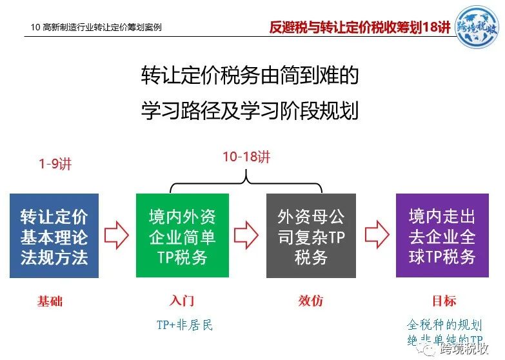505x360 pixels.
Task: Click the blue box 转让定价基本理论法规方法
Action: pyautogui.click(x=54, y=235)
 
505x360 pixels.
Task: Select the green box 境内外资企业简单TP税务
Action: pyautogui.click(x=183, y=235)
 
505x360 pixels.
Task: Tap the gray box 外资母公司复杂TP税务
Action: pyautogui.click(x=311, y=235)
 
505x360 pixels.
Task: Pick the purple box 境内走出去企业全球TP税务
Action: pyautogui.click(x=442, y=235)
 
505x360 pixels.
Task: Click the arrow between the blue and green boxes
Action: pyautogui.click(x=117, y=235)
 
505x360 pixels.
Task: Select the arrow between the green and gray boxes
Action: pyautogui.click(x=246, y=235)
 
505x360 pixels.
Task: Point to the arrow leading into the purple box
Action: pyautogui.click(x=377, y=235)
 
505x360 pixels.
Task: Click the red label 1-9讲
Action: pyautogui.click(x=55, y=164)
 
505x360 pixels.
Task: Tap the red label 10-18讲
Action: pyautogui.click(x=246, y=157)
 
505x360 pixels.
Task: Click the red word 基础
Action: pyautogui.click(x=50, y=301)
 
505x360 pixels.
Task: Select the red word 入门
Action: pyautogui.click(x=182, y=301)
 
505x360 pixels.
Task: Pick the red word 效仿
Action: pyautogui.click(x=311, y=301)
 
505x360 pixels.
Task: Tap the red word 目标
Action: pyautogui.click(x=444, y=301)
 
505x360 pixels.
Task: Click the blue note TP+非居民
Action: pyautogui.click(x=184, y=325)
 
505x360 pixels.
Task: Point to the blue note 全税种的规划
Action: pyautogui.click(x=444, y=325)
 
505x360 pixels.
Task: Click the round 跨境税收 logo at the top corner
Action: pyautogui.click(x=477, y=27)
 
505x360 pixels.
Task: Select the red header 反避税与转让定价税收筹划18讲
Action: pyautogui.click(x=359, y=27)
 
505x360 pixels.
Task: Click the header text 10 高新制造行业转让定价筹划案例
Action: pyautogui.click(x=96, y=27)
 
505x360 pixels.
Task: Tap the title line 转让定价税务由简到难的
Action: pyautogui.click(x=250, y=75)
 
